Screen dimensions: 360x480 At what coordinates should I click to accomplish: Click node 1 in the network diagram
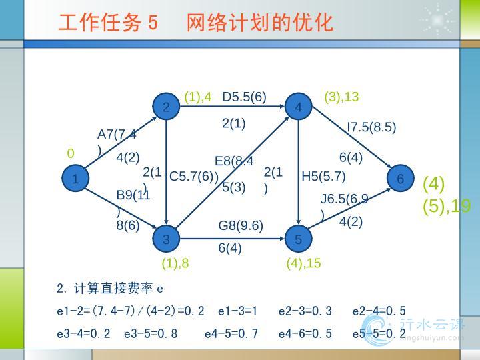(76, 179)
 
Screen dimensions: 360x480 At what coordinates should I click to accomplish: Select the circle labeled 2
(166, 107)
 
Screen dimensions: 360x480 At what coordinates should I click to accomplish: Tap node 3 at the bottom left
(166, 239)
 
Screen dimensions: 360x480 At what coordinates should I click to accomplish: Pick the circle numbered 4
(298, 107)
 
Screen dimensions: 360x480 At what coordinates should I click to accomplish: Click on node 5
(298, 239)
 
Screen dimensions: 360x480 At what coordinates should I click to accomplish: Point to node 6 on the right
(400, 179)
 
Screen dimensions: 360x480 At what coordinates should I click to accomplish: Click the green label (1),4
(198, 97)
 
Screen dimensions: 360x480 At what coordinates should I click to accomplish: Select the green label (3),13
(341, 97)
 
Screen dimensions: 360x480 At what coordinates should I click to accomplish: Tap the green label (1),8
(175, 263)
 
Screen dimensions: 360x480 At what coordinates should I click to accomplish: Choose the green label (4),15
(303, 263)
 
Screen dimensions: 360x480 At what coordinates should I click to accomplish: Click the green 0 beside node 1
(71, 154)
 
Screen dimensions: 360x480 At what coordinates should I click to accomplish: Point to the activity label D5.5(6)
(244, 97)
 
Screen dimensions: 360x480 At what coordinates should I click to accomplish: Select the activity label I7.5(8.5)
(371, 127)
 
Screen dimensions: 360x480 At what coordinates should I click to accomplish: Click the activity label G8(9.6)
(241, 226)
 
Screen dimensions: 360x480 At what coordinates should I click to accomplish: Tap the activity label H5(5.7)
(323, 177)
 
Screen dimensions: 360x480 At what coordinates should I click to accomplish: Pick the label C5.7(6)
(194, 177)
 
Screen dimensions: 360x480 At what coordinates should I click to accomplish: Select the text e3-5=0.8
(151, 333)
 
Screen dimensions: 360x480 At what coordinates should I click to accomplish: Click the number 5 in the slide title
(153, 23)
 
